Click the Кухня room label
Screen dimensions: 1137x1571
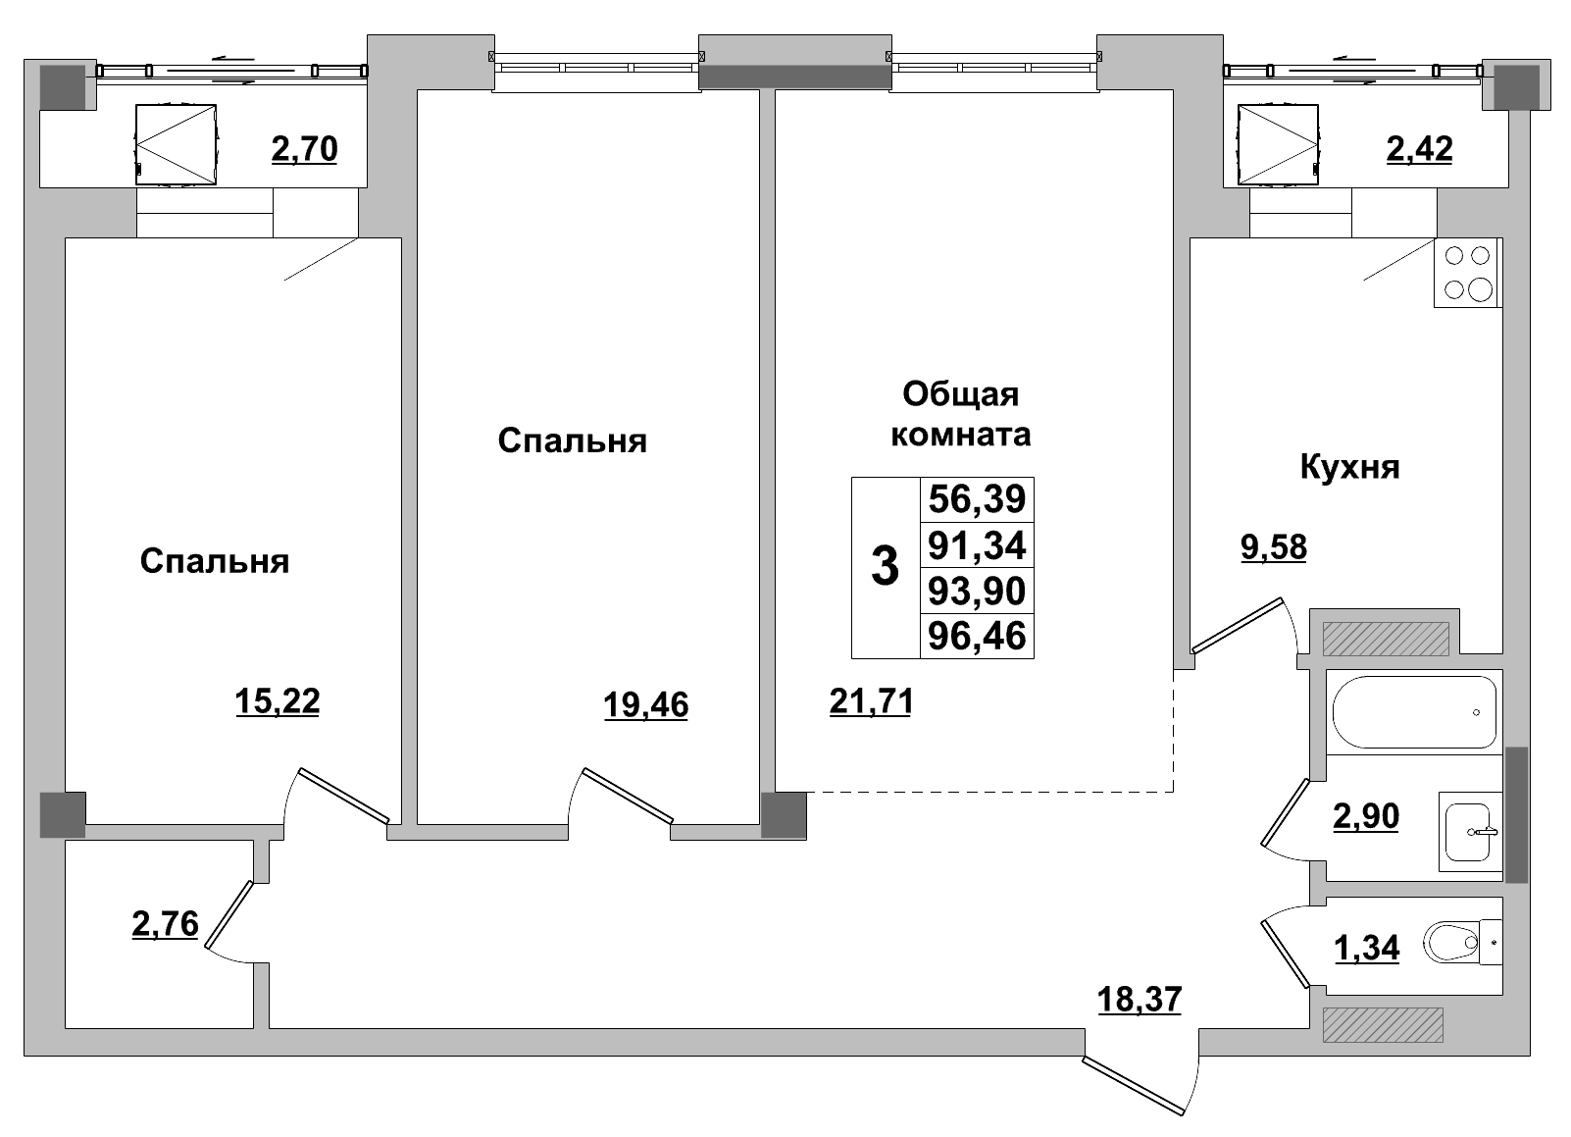click(x=1349, y=467)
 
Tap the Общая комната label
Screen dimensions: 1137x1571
click(x=960, y=414)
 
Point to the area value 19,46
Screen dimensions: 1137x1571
click(x=646, y=704)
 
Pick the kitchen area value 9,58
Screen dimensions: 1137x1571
click(x=1274, y=546)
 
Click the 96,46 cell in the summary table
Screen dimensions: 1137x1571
click(x=977, y=636)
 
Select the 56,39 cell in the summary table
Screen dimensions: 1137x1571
click(x=977, y=499)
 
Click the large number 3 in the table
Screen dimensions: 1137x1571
click(x=885, y=567)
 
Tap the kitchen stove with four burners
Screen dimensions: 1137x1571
click(x=1468, y=273)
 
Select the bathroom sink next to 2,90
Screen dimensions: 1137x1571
click(x=1471, y=831)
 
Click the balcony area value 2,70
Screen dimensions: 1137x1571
click(x=304, y=149)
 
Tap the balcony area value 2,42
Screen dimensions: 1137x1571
click(x=1419, y=149)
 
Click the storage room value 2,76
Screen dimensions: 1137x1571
click(x=165, y=923)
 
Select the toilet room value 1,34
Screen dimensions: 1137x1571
click(x=1367, y=948)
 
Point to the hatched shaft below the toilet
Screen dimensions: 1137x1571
click(x=1383, y=1025)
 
